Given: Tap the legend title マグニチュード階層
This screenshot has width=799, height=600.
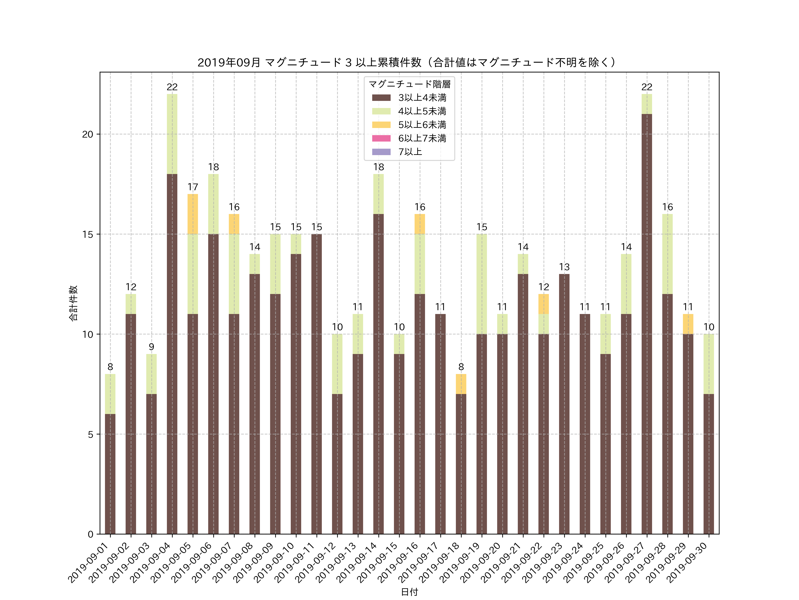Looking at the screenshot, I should [x=409, y=84].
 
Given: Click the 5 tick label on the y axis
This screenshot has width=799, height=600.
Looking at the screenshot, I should [x=90, y=434].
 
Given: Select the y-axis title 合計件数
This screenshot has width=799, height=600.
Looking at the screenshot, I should [x=73, y=303].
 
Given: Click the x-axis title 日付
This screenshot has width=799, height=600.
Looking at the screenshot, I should [x=409, y=592].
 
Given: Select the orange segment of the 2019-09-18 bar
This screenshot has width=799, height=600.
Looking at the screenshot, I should [x=461, y=384].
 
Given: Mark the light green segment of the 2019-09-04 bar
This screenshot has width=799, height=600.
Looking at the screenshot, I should [x=172, y=134].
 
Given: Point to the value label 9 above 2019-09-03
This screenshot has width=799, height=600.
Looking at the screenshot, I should [x=151, y=347].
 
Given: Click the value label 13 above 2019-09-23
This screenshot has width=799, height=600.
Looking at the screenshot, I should [x=564, y=267].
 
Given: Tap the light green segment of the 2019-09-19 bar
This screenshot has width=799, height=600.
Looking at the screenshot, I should [x=481, y=284].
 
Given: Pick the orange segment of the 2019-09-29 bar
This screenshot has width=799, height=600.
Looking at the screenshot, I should [x=688, y=324].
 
